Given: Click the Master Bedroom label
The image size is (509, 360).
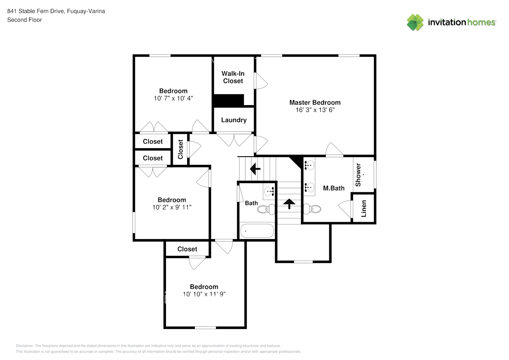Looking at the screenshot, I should [315, 103].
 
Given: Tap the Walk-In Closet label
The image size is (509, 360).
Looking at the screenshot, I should [233, 77].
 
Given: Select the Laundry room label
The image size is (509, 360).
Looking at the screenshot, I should [234, 120].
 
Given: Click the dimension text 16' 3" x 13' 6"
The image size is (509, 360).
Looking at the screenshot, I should [315, 110].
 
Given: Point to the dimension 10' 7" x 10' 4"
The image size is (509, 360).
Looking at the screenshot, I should [173, 98].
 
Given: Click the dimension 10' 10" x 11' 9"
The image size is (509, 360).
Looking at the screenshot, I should [204, 294].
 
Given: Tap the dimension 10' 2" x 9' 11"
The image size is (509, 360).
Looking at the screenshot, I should [172, 207].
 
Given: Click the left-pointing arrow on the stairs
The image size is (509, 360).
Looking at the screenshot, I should [255, 168].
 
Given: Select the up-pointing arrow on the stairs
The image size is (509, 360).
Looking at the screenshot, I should [289, 204].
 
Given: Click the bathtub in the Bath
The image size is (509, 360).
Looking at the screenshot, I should [257, 231].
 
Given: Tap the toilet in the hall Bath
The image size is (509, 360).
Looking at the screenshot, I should [266, 209].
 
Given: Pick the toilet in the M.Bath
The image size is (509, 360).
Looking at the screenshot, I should [312, 209].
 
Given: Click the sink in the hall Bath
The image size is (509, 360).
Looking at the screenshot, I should [269, 191].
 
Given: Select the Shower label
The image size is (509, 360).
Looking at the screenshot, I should [358, 175].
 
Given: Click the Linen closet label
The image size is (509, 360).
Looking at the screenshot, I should [364, 209].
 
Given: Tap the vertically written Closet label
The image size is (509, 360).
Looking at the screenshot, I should [180, 149].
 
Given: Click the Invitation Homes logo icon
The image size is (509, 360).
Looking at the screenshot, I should [415, 22].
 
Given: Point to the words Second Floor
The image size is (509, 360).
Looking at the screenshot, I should [24, 20].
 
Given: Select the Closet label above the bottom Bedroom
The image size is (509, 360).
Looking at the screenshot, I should [187, 249].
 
